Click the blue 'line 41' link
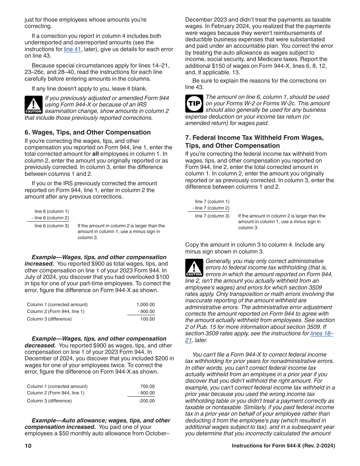click(x=72, y=49)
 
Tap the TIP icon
click(x=194, y=103)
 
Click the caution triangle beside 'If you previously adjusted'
click(x=34, y=105)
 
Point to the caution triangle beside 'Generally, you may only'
click(x=194, y=267)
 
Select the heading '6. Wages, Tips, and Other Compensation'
click(x=88, y=132)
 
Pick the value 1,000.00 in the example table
click(x=146, y=305)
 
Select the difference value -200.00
click(x=147, y=401)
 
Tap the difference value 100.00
click(x=148, y=319)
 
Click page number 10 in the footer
click(x=28, y=446)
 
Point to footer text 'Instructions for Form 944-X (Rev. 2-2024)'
click(x=283, y=446)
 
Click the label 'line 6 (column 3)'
click(x=52, y=226)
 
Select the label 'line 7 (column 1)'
click(x=212, y=202)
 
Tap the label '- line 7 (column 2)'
click(x=211, y=208)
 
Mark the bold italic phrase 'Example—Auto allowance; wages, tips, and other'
click(x=101, y=421)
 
